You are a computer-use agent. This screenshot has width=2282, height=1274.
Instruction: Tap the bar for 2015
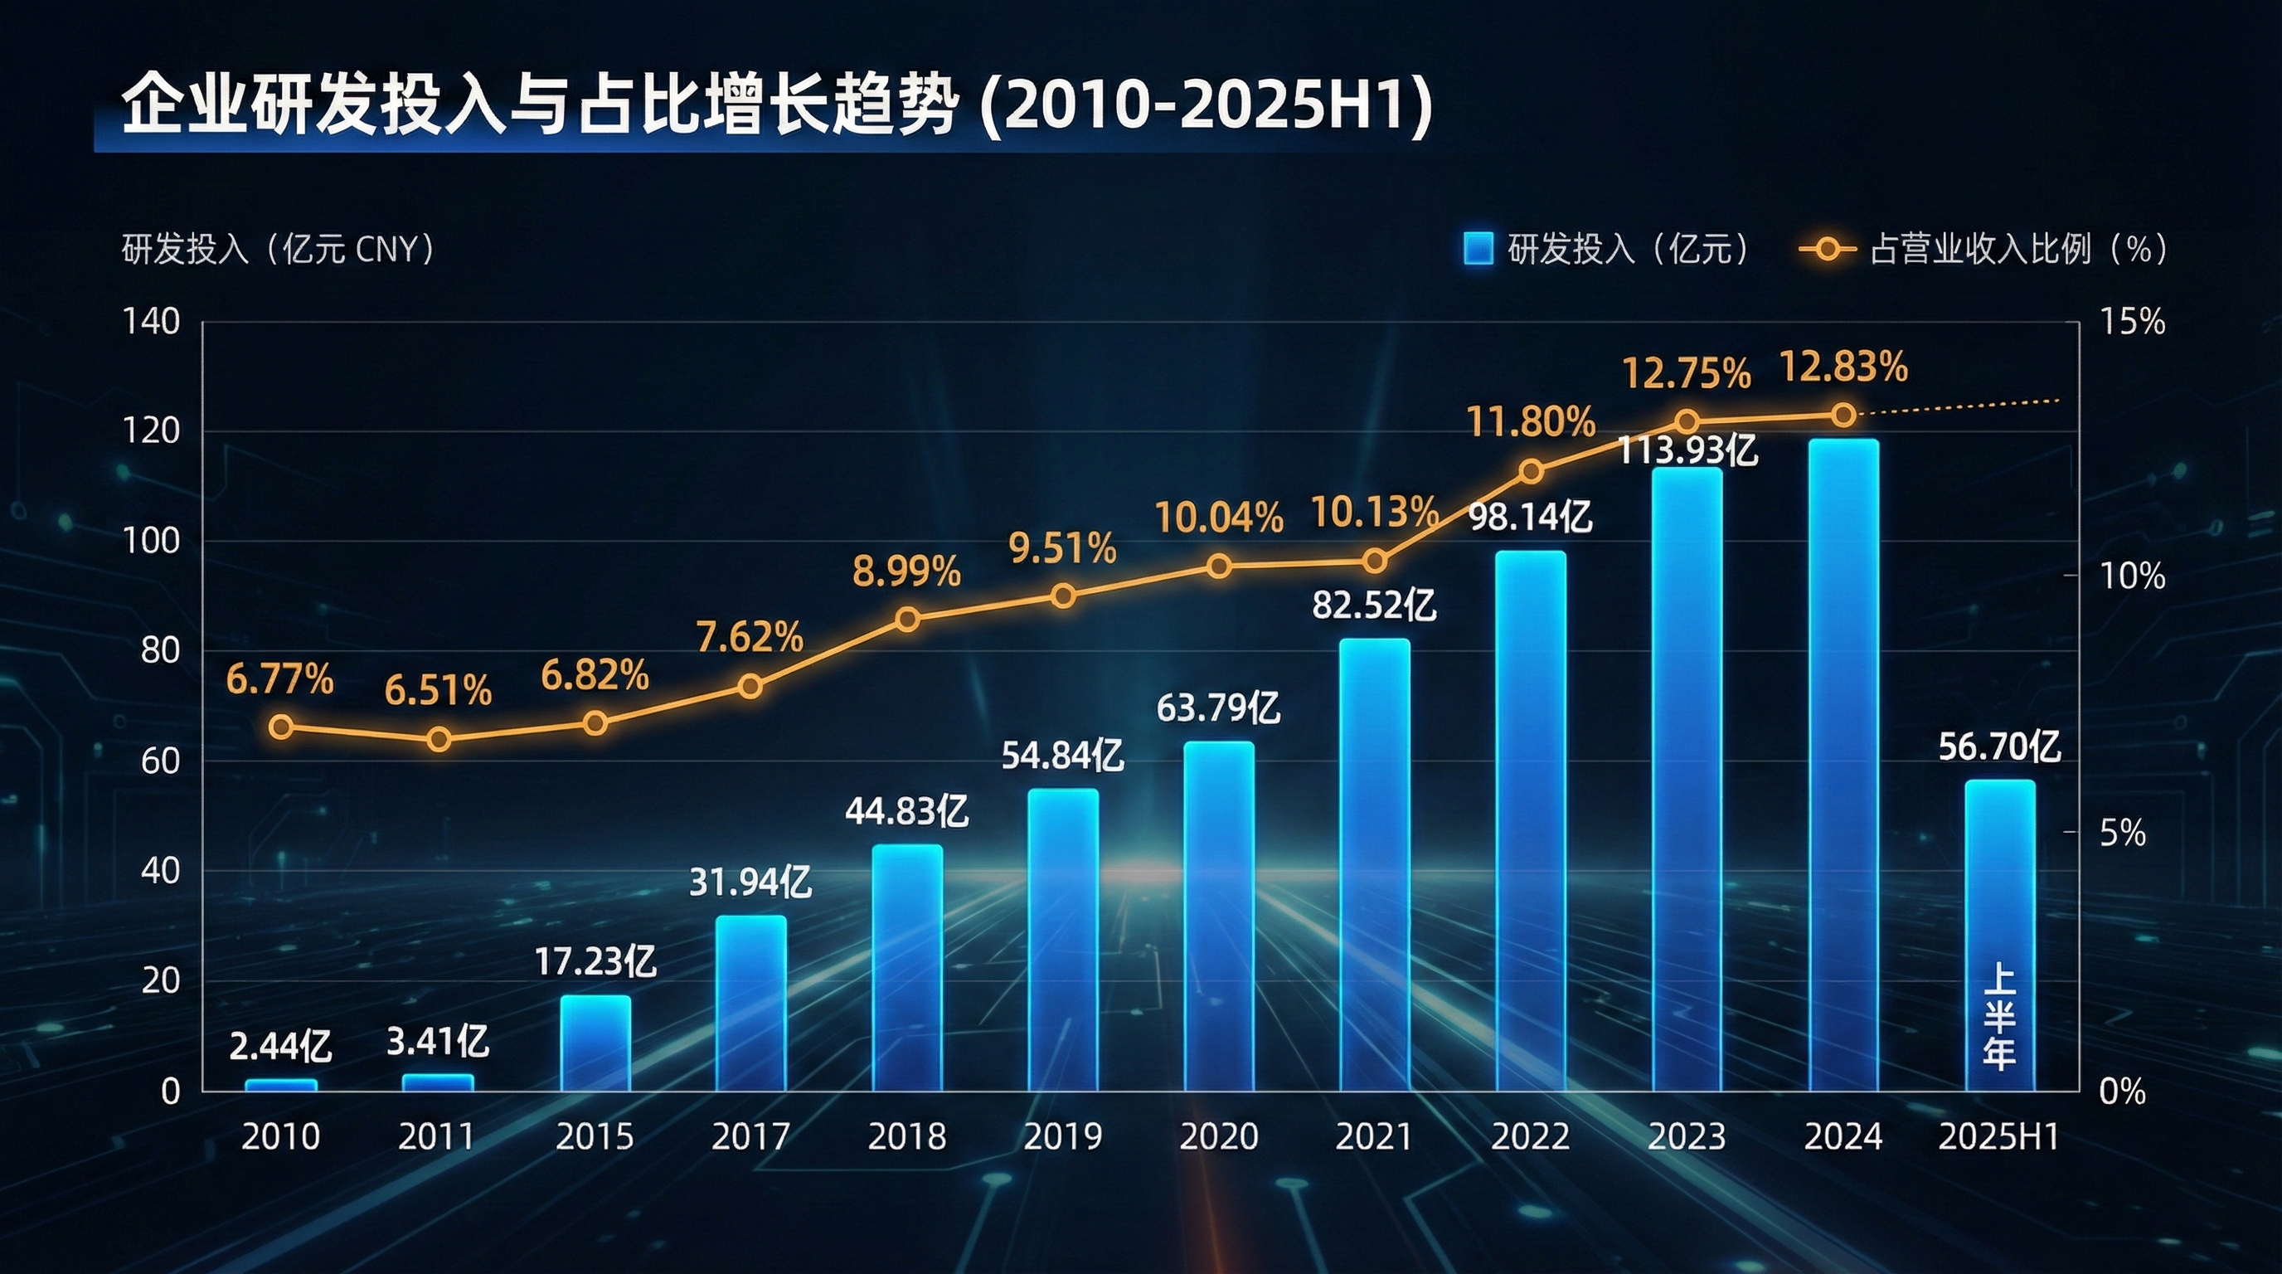pyautogui.click(x=595, y=1043)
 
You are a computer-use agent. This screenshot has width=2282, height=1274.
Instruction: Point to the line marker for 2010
pyautogui.click(x=281, y=727)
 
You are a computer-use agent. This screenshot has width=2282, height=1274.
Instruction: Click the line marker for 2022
pyautogui.click(x=1531, y=471)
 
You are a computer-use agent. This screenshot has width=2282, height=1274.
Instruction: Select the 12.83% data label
pyautogui.click(x=1843, y=367)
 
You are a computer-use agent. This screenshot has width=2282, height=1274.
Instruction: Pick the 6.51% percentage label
pyautogui.click(x=438, y=690)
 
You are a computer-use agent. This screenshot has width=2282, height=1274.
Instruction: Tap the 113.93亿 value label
pyautogui.click(x=1687, y=451)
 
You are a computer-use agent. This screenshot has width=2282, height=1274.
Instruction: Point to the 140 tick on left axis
pyautogui.click(x=152, y=322)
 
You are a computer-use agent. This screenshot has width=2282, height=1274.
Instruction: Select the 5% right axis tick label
pyautogui.click(x=2123, y=833)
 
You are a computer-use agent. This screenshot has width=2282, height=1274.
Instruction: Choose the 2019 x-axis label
pyautogui.click(x=1063, y=1136)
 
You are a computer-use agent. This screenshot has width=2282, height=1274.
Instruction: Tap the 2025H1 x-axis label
pyautogui.click(x=1999, y=1136)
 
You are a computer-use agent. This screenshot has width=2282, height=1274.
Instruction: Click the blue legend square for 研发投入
pyautogui.click(x=1478, y=249)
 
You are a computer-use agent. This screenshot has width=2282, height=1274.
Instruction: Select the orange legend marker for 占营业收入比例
pyautogui.click(x=1827, y=249)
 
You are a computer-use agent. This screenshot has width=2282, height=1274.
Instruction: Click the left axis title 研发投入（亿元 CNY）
pyautogui.click(x=278, y=250)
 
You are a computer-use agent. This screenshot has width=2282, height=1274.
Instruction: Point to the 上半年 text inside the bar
pyautogui.click(x=1999, y=1017)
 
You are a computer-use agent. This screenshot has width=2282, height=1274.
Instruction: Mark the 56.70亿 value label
pyautogui.click(x=1999, y=746)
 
